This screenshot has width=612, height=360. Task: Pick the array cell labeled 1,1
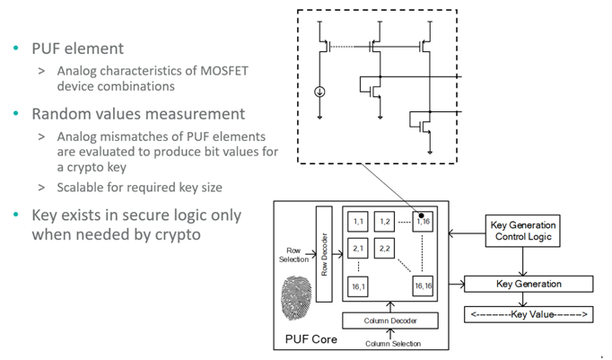[x=359, y=221]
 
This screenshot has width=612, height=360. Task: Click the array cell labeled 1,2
[x=386, y=221]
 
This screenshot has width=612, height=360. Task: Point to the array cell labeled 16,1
[x=359, y=286]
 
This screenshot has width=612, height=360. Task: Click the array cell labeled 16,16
[x=425, y=286]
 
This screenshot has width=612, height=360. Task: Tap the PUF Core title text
[x=303, y=339]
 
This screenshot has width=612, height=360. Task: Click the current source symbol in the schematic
[x=321, y=91]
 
